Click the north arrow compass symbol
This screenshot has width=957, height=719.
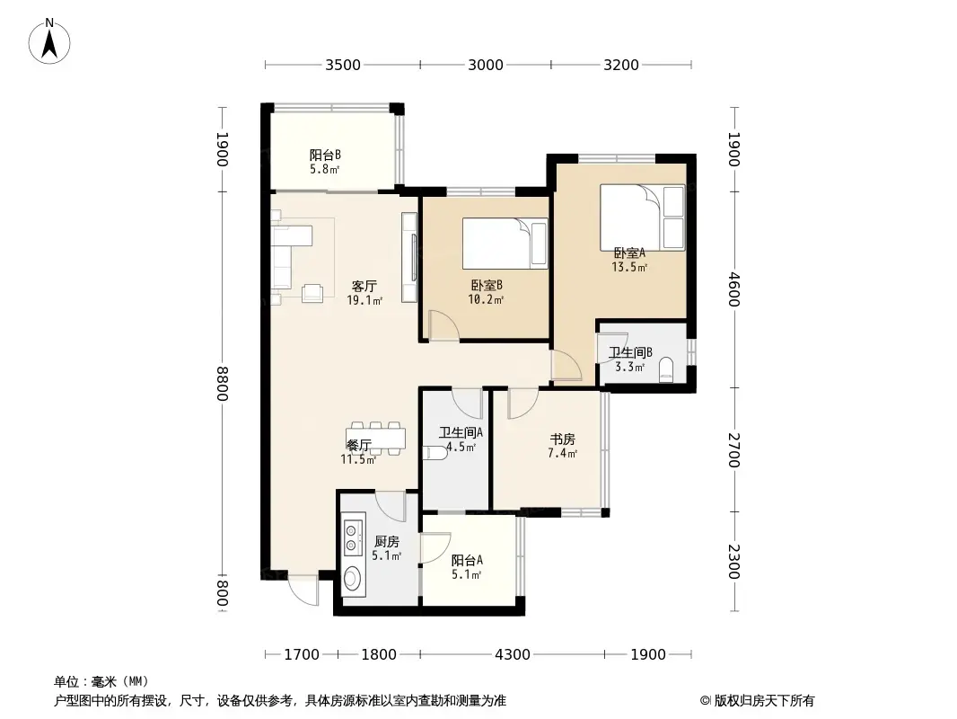[51, 40]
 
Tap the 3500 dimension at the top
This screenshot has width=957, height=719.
[342, 65]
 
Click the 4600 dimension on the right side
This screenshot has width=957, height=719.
[733, 288]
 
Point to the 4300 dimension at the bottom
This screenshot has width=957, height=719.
[513, 654]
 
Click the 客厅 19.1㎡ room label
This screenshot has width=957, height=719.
[364, 293]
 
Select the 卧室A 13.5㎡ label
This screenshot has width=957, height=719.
[628, 260]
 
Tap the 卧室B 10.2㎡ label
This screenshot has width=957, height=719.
[486, 292]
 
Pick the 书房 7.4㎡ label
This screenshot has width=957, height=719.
[562, 446]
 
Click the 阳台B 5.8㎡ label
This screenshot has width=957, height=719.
[324, 161]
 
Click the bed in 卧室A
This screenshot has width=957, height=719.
[642, 217]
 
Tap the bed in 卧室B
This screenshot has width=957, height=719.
[505, 244]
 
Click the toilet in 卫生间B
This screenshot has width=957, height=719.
[666, 370]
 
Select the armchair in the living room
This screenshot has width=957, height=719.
[312, 292]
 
